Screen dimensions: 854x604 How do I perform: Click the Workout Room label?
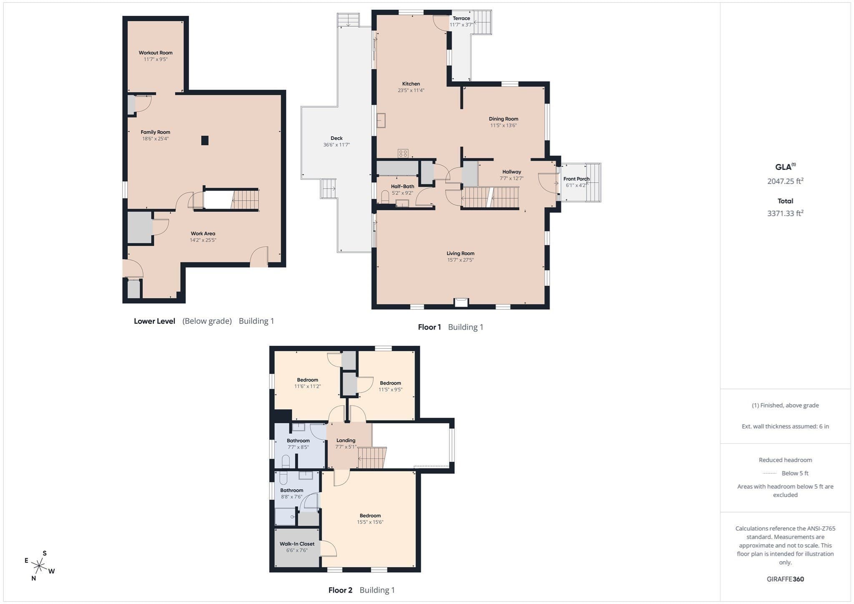pyautogui.click(x=156, y=53)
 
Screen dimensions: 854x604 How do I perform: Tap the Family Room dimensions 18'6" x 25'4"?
pyautogui.click(x=156, y=139)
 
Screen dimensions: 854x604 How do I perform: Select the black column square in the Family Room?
pyautogui.click(x=205, y=141)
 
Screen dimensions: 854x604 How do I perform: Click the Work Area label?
pyautogui.click(x=203, y=234)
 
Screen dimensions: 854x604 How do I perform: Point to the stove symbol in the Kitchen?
pyautogui.click(x=403, y=153)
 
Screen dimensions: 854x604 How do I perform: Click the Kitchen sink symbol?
pyautogui.click(x=381, y=121)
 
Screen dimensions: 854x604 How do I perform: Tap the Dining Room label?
pyautogui.click(x=504, y=119)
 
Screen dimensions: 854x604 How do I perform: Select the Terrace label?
pyautogui.click(x=462, y=18)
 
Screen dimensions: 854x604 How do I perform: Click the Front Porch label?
pyautogui.click(x=577, y=179)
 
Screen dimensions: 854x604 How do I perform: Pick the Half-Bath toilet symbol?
pyautogui.click(x=385, y=197)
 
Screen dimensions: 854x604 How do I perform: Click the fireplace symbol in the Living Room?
pyautogui.click(x=461, y=302)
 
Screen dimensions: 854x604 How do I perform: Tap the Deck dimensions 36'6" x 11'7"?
pyautogui.click(x=337, y=145)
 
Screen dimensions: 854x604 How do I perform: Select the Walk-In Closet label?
pyautogui.click(x=297, y=544)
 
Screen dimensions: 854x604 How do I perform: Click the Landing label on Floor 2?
pyautogui.click(x=346, y=440)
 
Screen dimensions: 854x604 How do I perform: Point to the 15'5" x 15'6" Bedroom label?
pyautogui.click(x=370, y=516)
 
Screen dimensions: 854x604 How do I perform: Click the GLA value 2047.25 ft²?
pyautogui.click(x=786, y=181)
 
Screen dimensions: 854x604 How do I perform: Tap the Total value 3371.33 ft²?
pyautogui.click(x=786, y=213)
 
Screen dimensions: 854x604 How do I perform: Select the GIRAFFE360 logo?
pyautogui.click(x=786, y=579)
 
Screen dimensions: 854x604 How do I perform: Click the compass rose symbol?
pyautogui.click(x=39, y=566)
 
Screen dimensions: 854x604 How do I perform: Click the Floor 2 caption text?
pyautogui.click(x=340, y=590)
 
